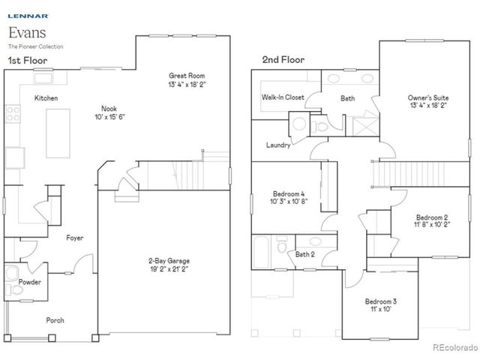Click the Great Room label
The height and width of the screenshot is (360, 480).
(187, 76)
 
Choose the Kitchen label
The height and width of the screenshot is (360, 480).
(46, 98)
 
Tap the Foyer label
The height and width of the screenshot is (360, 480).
(74, 238)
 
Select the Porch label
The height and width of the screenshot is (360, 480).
(55, 319)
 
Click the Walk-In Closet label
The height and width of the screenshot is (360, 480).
(283, 97)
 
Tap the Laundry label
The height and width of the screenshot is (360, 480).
(278, 145)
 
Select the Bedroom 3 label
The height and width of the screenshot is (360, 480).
(381, 301)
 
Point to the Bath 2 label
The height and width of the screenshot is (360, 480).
(304, 255)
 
